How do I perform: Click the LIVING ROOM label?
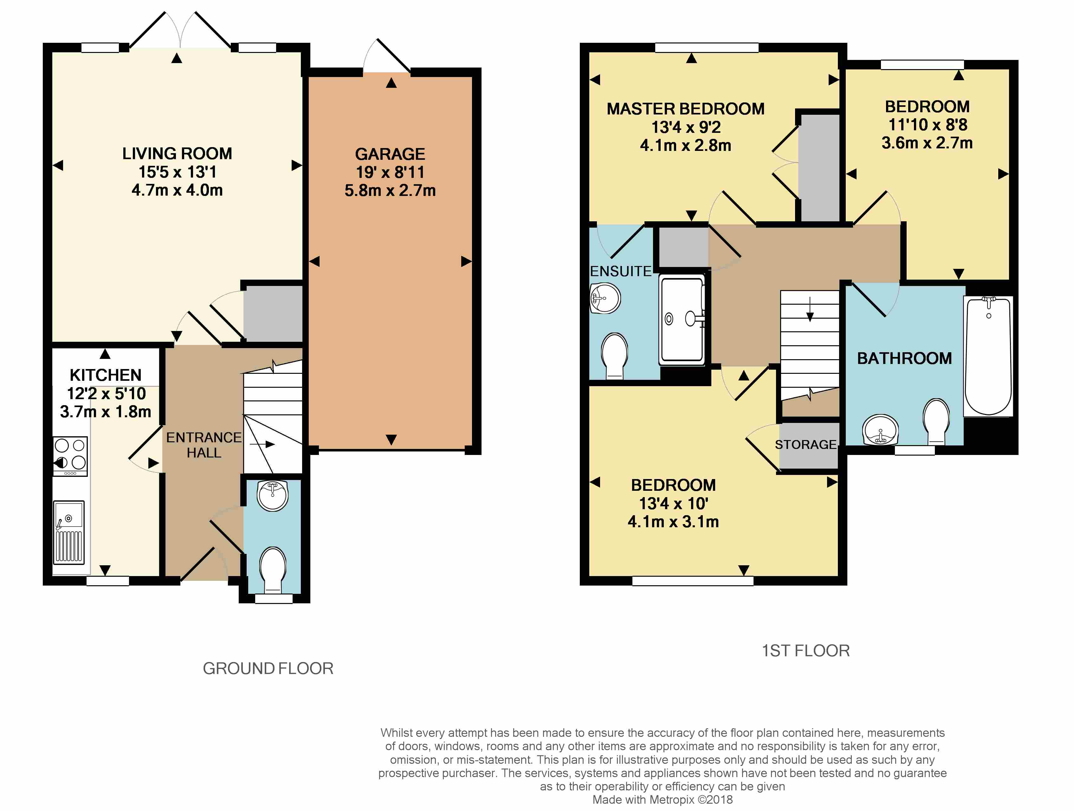coord(177,153)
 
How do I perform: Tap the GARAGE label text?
coord(390,154)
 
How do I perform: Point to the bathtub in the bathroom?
coord(988,356)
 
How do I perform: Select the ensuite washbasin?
coord(605,298)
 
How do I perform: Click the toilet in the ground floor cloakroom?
coord(273,570)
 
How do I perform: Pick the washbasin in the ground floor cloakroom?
coord(273,495)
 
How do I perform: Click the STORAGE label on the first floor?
coord(805,444)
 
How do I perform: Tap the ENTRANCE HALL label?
coord(204,445)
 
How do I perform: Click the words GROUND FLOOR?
coord(268,669)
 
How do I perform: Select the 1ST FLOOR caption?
coord(805,651)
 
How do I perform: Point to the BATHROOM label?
coord(904,358)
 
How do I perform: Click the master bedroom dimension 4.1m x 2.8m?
coord(686,145)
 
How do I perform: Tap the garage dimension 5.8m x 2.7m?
coord(390,190)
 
